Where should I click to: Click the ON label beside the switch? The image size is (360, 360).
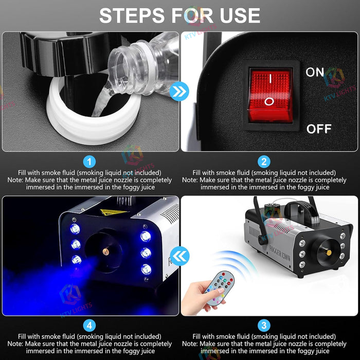(315, 72)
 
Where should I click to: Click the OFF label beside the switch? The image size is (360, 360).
(319, 129)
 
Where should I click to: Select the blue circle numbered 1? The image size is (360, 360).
(90, 162)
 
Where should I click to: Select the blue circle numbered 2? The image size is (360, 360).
(264, 162)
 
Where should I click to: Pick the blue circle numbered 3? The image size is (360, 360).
(264, 325)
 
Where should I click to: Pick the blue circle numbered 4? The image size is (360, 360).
(90, 325)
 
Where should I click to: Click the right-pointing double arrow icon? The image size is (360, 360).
(179, 92)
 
